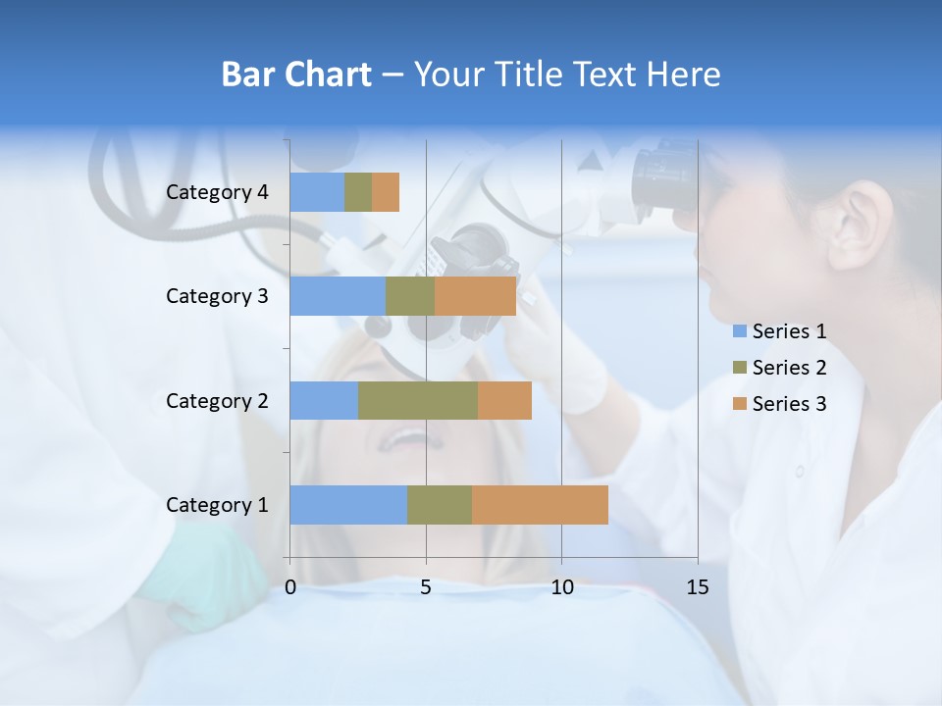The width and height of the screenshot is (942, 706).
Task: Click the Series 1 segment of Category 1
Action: point(348,504)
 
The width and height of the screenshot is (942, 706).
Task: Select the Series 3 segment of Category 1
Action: point(540,504)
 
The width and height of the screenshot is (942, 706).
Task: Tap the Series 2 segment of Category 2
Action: point(418,400)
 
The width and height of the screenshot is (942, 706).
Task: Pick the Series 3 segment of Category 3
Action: point(475,296)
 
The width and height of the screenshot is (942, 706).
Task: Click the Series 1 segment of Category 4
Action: point(317,192)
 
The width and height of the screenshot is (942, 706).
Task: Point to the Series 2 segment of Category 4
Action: point(358,192)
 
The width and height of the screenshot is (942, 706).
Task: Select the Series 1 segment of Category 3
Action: point(338,296)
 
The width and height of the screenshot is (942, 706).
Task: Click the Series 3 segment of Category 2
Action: point(504,400)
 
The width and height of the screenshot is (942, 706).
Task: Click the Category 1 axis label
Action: point(217,505)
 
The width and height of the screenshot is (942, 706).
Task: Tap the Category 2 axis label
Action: point(217,401)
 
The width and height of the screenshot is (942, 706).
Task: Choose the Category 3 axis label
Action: point(217,296)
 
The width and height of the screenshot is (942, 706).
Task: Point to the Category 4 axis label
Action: point(217,192)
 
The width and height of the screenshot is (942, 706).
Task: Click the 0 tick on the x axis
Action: point(290,587)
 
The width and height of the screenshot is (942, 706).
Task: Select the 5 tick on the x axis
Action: point(426,587)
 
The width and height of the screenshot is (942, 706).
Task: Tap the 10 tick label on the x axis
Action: point(561,587)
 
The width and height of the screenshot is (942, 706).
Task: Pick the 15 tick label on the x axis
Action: point(697,587)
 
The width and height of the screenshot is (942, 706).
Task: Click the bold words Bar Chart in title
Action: point(296,75)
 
